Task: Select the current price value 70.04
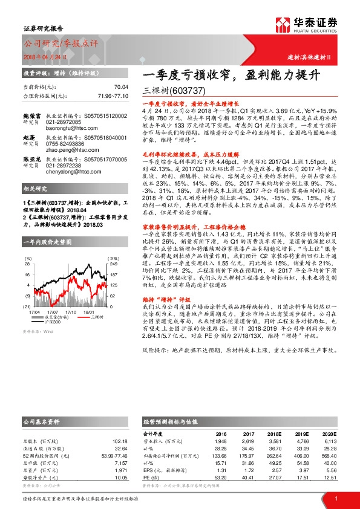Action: pos(122,87)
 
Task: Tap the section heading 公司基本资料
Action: pos(41,420)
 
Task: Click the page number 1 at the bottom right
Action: pos(336,498)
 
